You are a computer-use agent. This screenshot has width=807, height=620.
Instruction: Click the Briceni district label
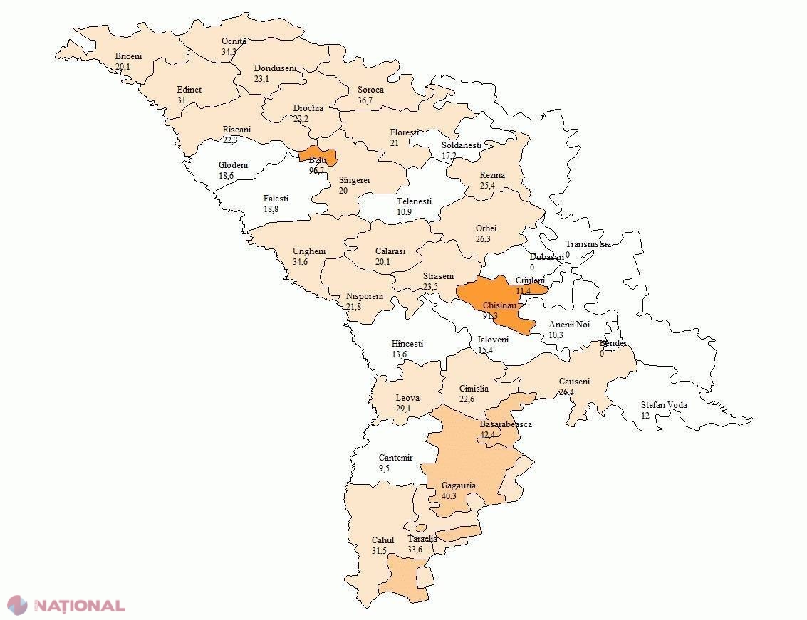coord(128,56)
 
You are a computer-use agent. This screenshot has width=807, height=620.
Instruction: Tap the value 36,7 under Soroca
coord(365,100)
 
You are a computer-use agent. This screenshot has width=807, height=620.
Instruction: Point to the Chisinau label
coord(499,305)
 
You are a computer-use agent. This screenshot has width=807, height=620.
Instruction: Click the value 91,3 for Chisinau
coord(490,315)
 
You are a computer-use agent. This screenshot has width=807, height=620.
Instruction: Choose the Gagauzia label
coord(458,486)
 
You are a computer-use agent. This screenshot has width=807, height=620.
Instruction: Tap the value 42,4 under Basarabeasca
coord(487,434)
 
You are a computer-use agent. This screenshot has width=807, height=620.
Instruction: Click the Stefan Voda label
coord(664,405)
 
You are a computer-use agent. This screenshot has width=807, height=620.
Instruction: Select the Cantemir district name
coord(395,458)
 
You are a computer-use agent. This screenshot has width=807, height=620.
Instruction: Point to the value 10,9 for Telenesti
coord(405,212)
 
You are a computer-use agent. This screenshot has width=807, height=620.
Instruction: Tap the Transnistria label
coord(588,243)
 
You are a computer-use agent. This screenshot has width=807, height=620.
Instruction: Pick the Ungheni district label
coord(309,251)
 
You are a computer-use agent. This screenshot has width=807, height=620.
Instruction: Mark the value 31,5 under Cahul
coord(379,551)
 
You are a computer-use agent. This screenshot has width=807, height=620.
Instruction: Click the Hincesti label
coord(407,344)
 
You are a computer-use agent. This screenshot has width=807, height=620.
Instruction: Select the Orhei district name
coord(486,228)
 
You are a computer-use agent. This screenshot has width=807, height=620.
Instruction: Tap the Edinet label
coord(189,90)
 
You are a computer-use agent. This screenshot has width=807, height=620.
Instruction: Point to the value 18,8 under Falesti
coord(271,209)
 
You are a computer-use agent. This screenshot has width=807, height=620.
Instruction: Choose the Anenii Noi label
coord(569,325)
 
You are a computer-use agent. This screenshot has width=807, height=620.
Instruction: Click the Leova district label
coord(407,398)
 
